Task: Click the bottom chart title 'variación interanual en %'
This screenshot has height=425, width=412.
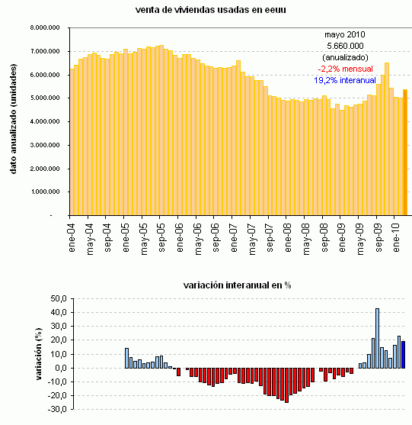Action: pos(238,285)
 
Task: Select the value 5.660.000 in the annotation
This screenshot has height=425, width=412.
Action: pos(345,47)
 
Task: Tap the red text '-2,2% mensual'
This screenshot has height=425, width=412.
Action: pos(345,68)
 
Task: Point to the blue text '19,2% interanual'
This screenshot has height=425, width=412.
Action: pos(345,79)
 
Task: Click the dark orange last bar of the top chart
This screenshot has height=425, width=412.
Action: pos(405,153)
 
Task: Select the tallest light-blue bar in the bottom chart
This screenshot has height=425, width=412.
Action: pos(377,338)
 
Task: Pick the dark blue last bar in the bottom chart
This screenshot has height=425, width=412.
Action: pos(404,355)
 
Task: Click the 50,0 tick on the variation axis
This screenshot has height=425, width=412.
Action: pos(56,299)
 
